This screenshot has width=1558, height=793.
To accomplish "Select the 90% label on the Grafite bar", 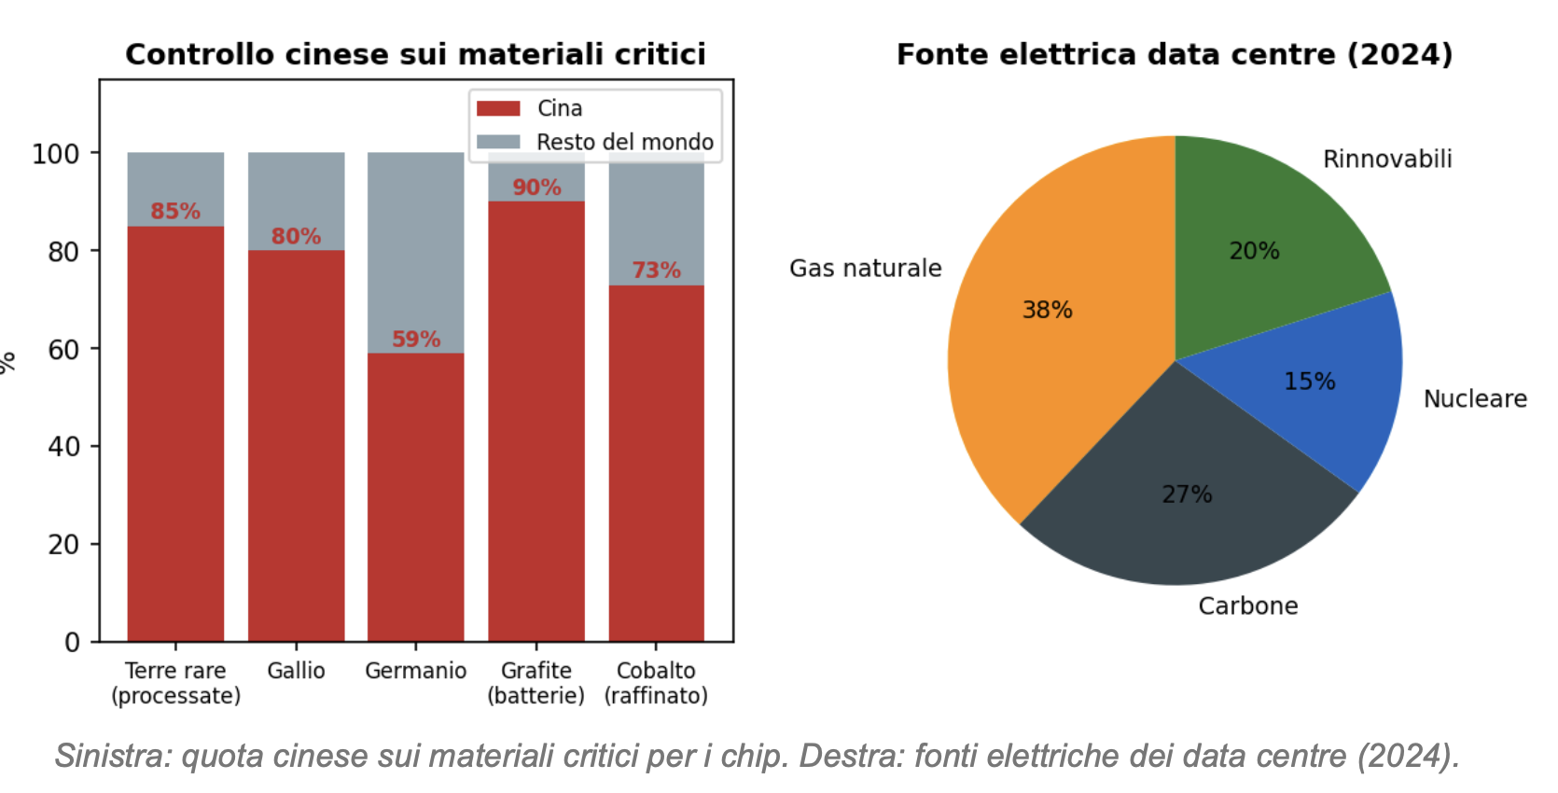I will [536, 188].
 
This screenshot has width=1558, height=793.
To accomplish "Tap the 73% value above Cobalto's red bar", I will [656, 271].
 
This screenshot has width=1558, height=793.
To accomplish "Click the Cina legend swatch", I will [498, 108].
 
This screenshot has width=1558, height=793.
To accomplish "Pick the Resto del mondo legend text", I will [624, 142].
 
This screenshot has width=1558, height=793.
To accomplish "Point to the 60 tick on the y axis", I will [63, 350].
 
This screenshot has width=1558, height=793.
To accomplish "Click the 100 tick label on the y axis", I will [56, 154].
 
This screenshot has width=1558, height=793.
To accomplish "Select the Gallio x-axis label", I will [296, 671].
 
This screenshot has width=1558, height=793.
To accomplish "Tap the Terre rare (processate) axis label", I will [175, 683].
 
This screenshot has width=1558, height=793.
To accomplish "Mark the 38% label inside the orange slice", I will [1047, 310].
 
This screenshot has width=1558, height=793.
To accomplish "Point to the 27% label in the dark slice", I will [1187, 494].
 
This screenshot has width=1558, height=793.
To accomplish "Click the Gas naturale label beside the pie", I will [865, 269].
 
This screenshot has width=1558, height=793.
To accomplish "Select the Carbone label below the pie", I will [1247, 606].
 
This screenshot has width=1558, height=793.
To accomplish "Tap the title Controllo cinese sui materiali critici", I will [415, 54].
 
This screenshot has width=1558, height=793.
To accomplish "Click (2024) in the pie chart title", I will [1399, 54].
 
